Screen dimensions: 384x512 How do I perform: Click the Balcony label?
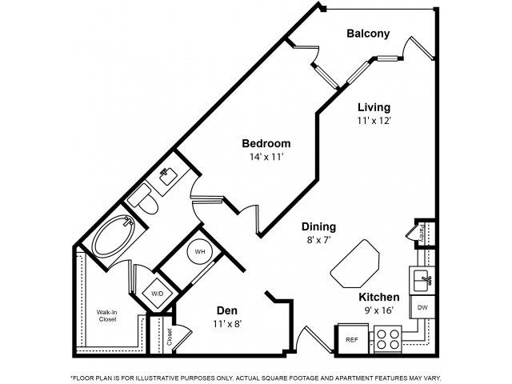[368, 34]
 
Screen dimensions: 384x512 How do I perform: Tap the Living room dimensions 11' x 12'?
[374, 121]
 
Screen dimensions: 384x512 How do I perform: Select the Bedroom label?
[266, 143]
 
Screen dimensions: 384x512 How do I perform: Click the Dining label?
[318, 226]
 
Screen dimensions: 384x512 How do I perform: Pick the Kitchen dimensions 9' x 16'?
[378, 311]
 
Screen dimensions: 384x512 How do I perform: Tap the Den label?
[228, 310]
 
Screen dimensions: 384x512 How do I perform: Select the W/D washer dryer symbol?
[156, 294]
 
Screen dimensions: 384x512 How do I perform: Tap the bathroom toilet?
[145, 199]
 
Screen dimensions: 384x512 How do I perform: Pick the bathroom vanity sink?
[169, 176]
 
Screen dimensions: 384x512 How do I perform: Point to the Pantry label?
[422, 233]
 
